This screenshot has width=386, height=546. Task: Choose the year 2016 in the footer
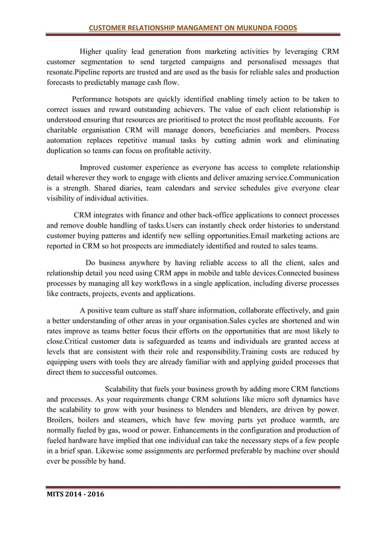click(x=96, y=495)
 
